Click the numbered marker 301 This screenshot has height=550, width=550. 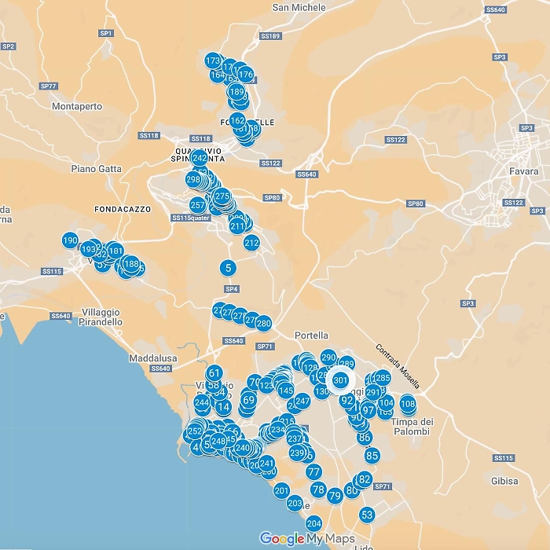pos(340,380)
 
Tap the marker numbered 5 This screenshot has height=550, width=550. pos(228,268)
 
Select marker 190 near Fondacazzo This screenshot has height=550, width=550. pos(70,240)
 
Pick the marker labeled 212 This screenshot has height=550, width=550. pos(251,243)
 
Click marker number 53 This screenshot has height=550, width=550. pos(367,515)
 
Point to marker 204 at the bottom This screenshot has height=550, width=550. pos(314,523)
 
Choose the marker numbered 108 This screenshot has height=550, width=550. pos(407,404)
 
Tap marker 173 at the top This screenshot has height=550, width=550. pos(212,60)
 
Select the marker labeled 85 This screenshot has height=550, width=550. pos(372,455)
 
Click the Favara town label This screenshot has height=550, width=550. pos(523,171)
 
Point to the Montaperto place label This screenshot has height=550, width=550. pos(77,107)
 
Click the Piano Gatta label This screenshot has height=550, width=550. pos(96,168)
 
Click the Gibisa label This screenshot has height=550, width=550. pos(503,481)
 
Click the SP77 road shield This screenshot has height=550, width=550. pos(49,86)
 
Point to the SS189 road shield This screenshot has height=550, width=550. pos(269,36)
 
